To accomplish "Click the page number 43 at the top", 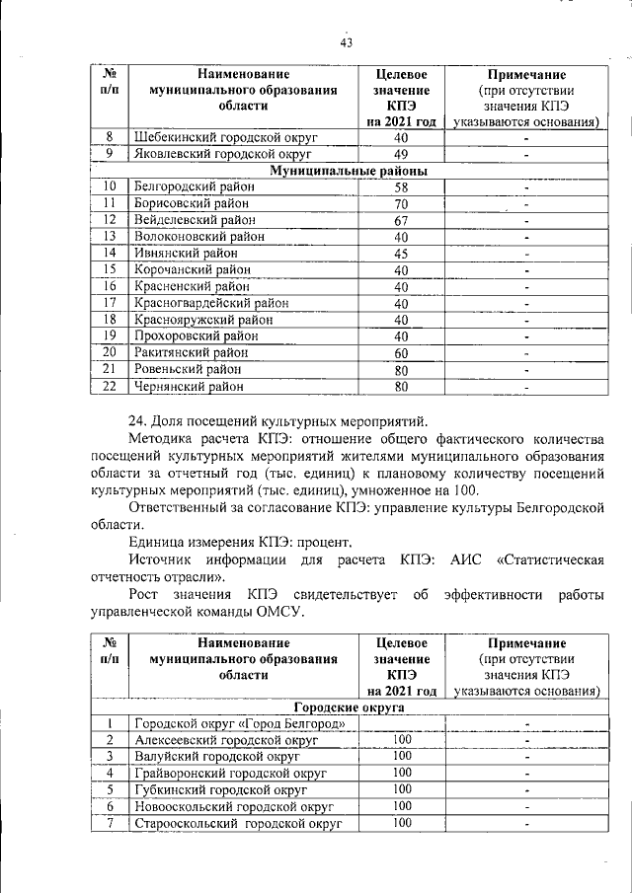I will coord(346,41).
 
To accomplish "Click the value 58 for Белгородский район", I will coord(401,186).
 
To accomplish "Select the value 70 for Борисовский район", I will coord(401,203).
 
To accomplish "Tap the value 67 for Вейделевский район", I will coord(401,220).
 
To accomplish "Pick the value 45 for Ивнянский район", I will coord(401,254).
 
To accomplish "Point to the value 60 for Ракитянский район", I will coord(401,353).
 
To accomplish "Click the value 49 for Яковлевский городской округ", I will coord(401,154).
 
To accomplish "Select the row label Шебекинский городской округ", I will coord(222,137).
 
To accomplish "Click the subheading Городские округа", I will coord(349,707).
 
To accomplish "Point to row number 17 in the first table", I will coord(111,303).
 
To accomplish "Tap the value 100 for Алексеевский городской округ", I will coord(401,739).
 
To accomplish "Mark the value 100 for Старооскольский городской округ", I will coord(401,822).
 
